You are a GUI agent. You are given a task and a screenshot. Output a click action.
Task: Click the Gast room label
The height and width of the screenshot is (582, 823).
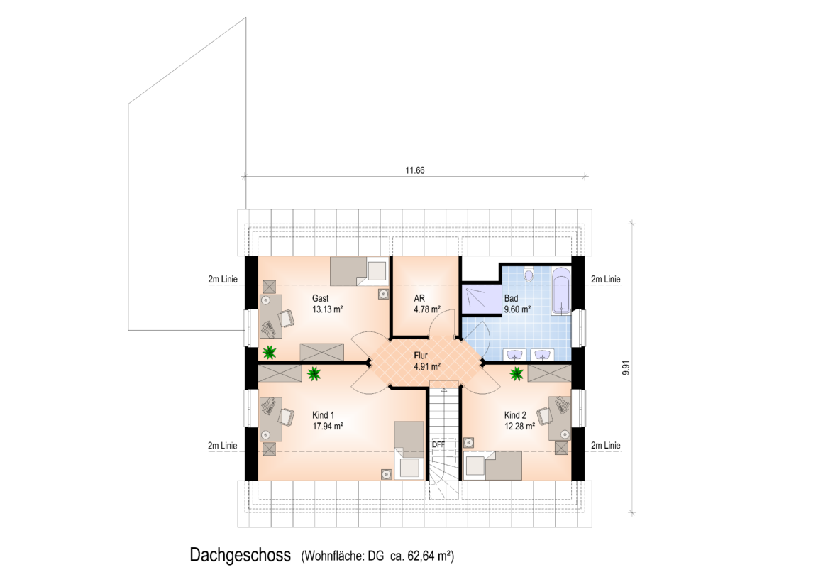320,298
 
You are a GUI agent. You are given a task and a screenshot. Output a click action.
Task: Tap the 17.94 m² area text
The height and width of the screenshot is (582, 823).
328,427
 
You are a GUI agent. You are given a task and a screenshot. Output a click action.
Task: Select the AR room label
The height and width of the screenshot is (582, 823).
419,298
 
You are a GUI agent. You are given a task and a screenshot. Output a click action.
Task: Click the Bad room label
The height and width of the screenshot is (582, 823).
512,298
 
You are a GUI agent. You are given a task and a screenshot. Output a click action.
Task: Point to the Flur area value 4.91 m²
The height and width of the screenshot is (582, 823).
426,367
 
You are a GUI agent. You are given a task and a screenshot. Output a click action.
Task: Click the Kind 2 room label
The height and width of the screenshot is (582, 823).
515,415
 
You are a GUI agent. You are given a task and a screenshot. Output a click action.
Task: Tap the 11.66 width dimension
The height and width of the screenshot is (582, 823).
414,171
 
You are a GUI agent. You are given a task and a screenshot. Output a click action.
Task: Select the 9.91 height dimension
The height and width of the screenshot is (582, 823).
626,368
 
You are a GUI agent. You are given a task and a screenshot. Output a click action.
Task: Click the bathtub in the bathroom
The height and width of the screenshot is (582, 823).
561,292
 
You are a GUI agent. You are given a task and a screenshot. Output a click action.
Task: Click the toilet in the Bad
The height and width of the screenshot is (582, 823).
529,273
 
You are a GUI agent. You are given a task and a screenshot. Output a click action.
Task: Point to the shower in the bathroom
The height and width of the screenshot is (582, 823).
481,300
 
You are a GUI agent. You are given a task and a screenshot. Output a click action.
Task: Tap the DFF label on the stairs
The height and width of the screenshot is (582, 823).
438,444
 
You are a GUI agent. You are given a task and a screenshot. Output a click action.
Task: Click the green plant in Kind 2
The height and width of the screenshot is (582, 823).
517,373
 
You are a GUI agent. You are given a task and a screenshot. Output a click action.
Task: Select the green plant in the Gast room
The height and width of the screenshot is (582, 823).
270,353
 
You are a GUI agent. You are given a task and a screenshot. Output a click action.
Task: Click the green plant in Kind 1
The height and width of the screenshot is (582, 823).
314,373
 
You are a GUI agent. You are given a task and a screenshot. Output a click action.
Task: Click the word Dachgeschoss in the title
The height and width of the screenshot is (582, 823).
241,555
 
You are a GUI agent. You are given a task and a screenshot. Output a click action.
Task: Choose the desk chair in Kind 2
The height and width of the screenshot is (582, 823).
544,415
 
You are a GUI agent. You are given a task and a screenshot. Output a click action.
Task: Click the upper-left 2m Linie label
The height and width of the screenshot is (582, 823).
223,280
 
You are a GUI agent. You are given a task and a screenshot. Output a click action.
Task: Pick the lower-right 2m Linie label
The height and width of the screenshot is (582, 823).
606,446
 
